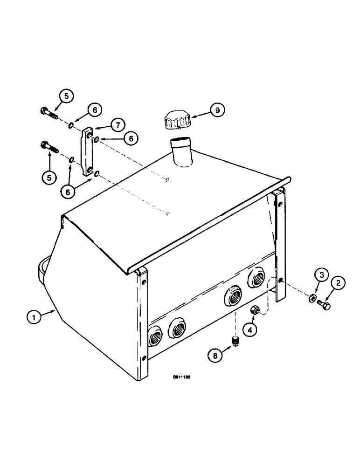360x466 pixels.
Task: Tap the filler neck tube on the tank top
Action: (182, 153)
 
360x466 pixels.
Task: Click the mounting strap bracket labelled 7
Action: (88, 153)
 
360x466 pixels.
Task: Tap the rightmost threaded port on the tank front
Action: (257, 278)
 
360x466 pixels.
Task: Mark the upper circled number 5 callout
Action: (66, 96)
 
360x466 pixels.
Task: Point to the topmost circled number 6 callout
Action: (95, 110)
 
